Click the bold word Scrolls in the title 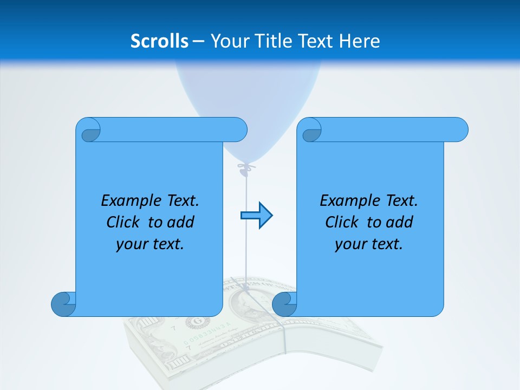click(x=159, y=41)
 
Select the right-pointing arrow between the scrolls click(x=256, y=216)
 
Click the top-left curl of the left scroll click(x=89, y=131)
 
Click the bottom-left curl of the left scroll click(x=63, y=304)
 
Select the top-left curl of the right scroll click(x=310, y=131)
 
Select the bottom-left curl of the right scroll click(x=284, y=304)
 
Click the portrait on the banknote click(x=245, y=303)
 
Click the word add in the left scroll click(x=181, y=222)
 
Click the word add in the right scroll click(x=400, y=222)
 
